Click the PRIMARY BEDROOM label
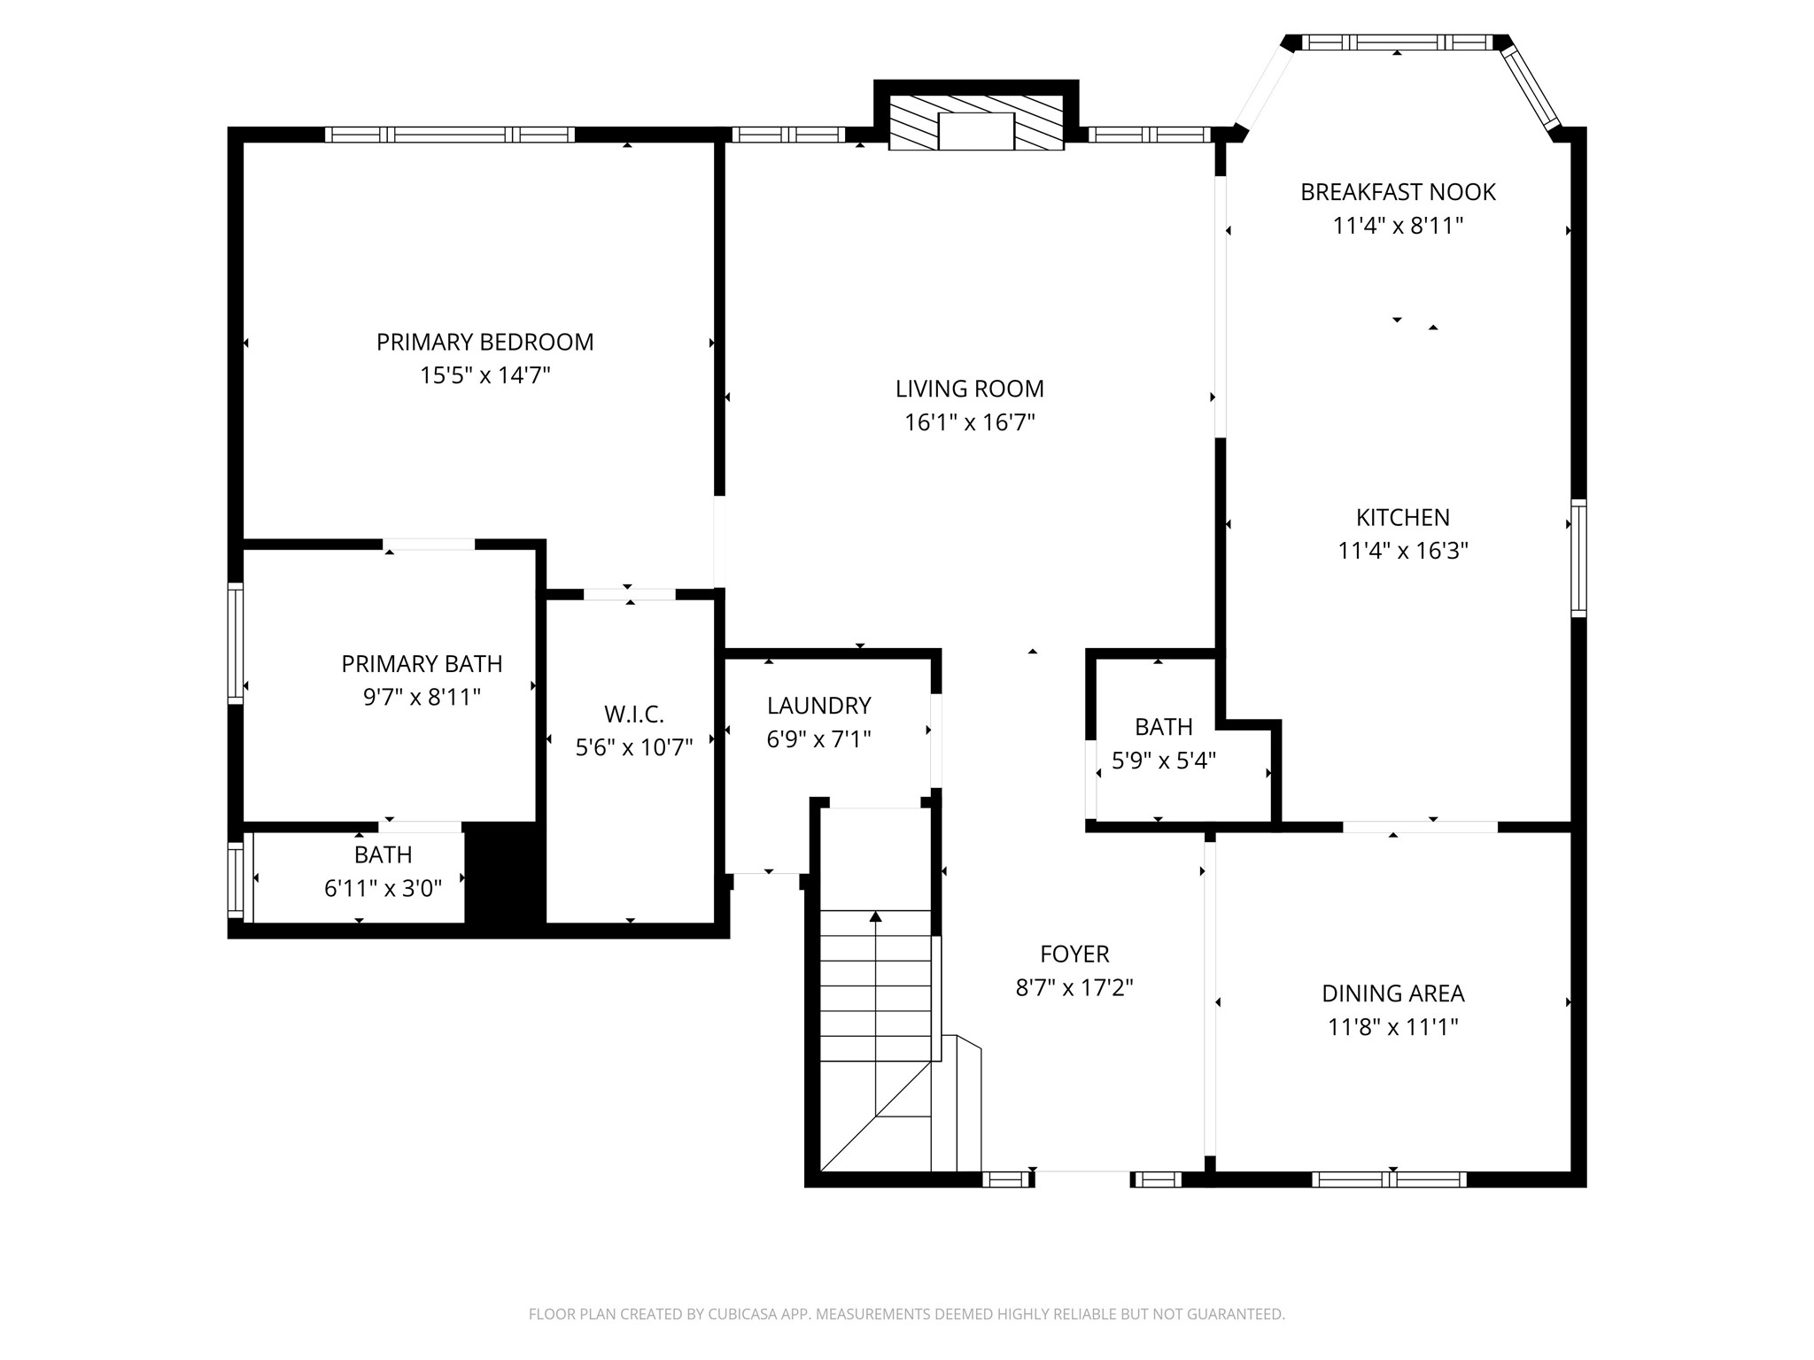point(485,342)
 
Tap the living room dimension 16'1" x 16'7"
point(970,422)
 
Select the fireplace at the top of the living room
point(976,123)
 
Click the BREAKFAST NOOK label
point(1398,192)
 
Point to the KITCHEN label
point(1403,517)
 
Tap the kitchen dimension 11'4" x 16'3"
point(1403,551)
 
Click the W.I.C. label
point(634,714)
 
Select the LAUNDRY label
point(819,706)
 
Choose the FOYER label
point(1074,954)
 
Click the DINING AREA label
point(1393,993)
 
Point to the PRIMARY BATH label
point(422,664)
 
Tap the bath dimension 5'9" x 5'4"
point(1164,761)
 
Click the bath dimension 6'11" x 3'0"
point(384,888)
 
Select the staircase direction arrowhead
point(876,916)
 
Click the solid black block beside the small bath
point(505,874)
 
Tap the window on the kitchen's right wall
point(1578,558)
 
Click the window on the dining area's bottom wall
point(1389,1179)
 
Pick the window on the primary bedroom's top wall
point(450,135)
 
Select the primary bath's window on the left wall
point(236,644)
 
